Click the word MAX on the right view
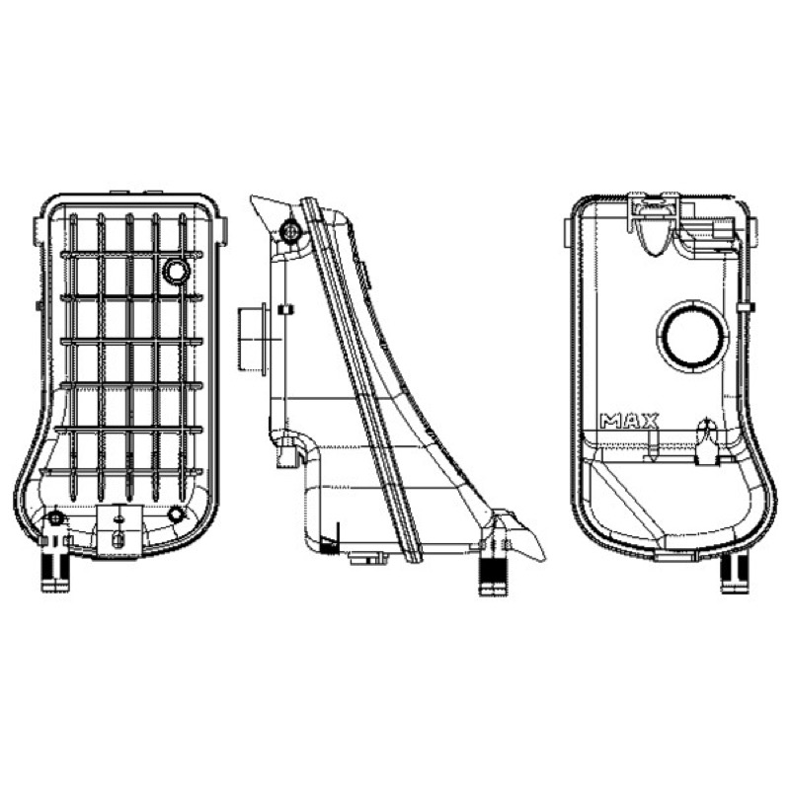pyautogui.click(x=629, y=421)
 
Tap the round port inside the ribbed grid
pyautogui.click(x=177, y=272)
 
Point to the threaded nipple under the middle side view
pyautogui.click(x=493, y=577)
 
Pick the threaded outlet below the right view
pyautogui.click(x=735, y=574)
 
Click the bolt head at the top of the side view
pyautogui.click(x=290, y=231)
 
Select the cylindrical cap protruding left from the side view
pyautogui.click(x=253, y=339)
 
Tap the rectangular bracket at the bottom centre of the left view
pyautogui.click(x=118, y=530)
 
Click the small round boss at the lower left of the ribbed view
pyautogui.click(x=55, y=516)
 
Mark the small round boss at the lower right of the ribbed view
pyautogui.click(x=177, y=514)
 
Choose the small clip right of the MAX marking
pyautogui.click(x=706, y=441)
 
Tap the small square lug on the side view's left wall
pyautogui.click(x=285, y=309)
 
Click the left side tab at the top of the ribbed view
pyautogui.click(x=39, y=231)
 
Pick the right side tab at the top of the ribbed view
pyautogui.click(x=223, y=231)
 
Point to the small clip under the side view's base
pyautogui.click(x=368, y=558)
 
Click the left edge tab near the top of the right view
pyautogui.click(x=567, y=233)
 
